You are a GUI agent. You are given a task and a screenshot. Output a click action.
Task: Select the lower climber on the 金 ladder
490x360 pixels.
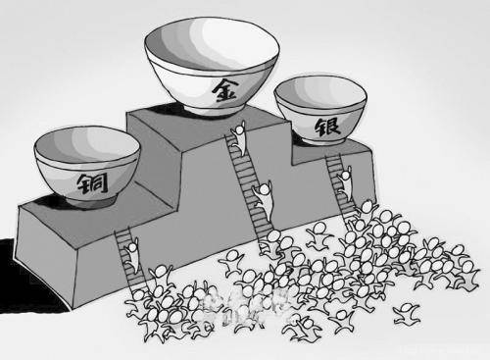(x=264, y=191)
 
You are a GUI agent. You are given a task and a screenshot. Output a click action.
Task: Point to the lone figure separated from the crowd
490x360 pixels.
(x=404, y=316)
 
